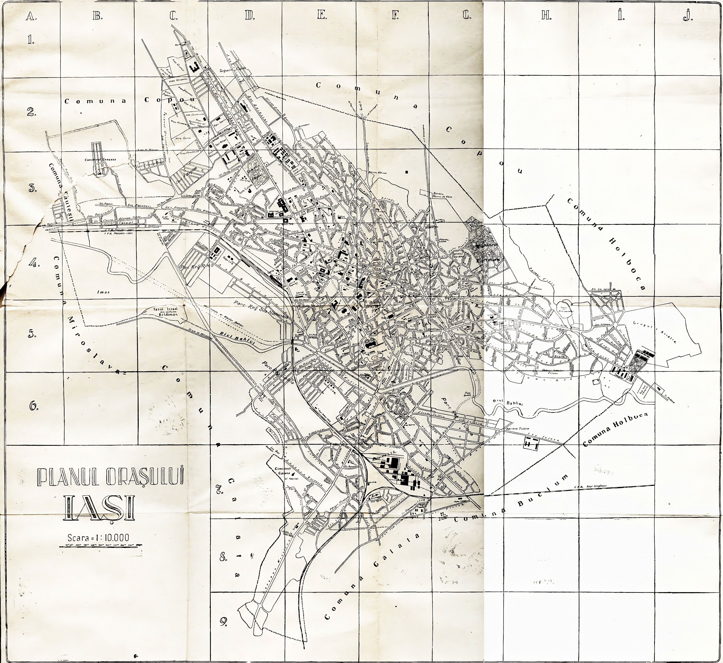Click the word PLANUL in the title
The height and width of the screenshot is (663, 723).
68,476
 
